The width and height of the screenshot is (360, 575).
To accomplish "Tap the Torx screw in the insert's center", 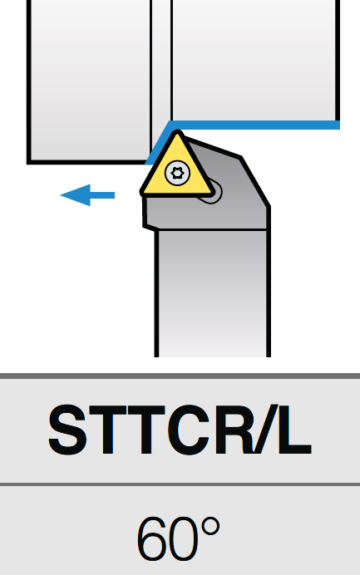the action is [x=178, y=173].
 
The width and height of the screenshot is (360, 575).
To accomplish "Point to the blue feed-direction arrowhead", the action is [x=76, y=195].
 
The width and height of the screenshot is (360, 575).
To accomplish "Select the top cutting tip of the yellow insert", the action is [x=178, y=131].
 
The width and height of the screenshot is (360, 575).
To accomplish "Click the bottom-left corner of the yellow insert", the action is [x=141, y=193].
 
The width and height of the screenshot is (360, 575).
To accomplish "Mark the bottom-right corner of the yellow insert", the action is [x=212, y=193].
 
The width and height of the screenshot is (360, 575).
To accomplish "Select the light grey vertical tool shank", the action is [x=213, y=293].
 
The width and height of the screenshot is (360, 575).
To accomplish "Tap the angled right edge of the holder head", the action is [x=255, y=182].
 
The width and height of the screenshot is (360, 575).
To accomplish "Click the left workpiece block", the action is [x=89, y=81].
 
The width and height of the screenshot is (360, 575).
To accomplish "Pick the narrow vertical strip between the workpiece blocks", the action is [x=161, y=62].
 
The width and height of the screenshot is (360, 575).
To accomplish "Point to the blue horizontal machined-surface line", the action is [x=254, y=125].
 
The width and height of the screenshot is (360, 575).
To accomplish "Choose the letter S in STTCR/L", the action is [x=68, y=430].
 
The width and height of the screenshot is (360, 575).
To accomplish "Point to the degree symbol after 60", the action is [x=210, y=528].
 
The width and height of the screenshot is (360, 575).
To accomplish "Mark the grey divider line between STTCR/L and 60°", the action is [x=180, y=484].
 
